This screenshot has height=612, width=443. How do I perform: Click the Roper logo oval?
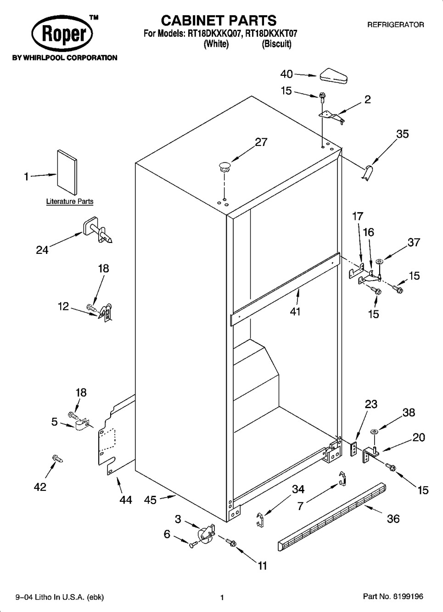click(x=62, y=35)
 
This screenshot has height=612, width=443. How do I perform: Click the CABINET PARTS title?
click(x=219, y=20)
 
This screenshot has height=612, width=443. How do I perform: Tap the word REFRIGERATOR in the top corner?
click(x=395, y=25)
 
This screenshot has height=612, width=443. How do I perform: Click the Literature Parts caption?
click(x=70, y=202)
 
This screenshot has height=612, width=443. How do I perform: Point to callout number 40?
click(x=286, y=74)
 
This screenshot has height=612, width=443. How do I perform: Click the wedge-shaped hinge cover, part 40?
click(x=333, y=76)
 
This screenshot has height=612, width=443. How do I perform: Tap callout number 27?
click(x=261, y=142)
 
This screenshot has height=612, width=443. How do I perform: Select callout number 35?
click(x=402, y=134)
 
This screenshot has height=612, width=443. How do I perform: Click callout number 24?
click(x=42, y=250)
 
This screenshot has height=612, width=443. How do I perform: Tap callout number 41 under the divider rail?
click(x=295, y=311)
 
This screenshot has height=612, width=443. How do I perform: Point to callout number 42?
click(x=40, y=487)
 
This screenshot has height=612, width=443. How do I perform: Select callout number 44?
click(x=125, y=500)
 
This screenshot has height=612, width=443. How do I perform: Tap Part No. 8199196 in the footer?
click(x=393, y=597)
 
